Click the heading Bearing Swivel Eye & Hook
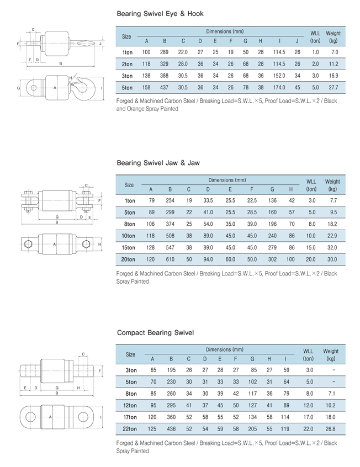click(160, 14)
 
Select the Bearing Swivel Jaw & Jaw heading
click(158, 163)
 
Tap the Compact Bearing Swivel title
click(155, 333)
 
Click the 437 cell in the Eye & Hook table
click(164, 87)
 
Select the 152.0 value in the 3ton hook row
click(279, 76)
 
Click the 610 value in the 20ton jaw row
click(170, 259)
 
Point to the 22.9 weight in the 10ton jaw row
click(332, 236)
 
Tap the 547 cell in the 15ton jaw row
click(170, 247)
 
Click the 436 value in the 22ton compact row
click(171, 428)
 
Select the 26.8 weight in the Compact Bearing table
click(330, 428)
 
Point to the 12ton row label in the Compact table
click(131, 405)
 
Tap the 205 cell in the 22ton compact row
click(253, 428)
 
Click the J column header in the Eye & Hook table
click(297, 41)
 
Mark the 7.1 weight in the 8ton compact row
click(330, 394)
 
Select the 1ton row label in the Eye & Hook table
click(127, 52)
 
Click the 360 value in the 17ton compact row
click(171, 417)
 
